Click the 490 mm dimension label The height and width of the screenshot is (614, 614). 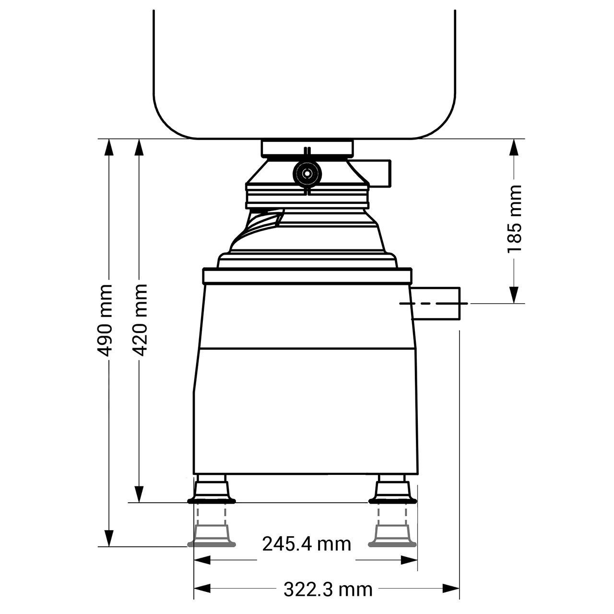click(105, 320)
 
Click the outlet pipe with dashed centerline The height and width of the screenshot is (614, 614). click(436, 303)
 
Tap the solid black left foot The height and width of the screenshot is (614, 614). click(211, 492)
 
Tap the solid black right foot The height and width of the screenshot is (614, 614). click(392, 492)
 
